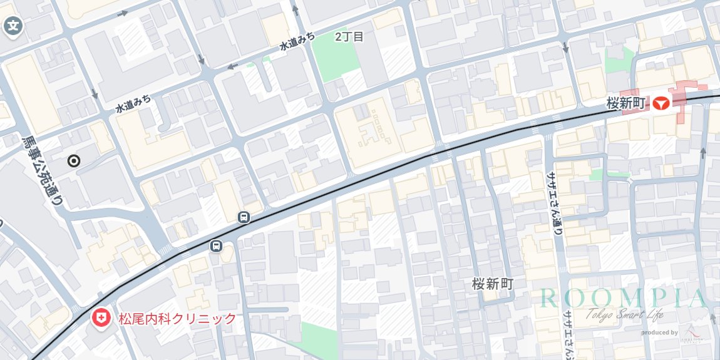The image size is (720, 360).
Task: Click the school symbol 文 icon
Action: pos(13,26)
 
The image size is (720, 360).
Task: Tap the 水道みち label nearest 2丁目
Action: pos(297,43)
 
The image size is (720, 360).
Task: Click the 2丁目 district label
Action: pos(349,36)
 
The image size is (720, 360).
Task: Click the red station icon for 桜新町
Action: pos(660,103)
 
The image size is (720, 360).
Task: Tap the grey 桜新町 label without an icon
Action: pos(492,284)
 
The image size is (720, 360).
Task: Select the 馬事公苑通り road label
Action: pos(43,171)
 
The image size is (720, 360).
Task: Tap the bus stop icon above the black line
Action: pos(244,218)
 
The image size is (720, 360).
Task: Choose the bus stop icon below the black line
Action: pos(217,245)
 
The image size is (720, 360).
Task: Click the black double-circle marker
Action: pos(74,162)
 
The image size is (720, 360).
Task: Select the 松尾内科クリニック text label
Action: pos(177,319)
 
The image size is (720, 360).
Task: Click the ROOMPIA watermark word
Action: pos(622,299)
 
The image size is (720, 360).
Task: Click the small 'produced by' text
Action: pos(659,332)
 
